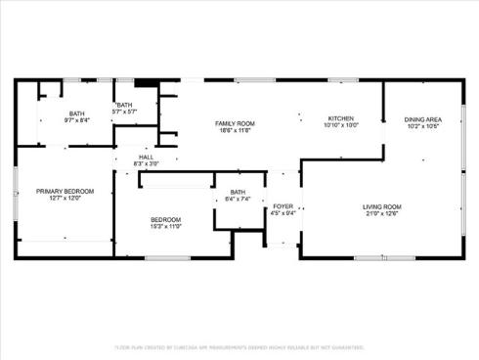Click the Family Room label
[x=235, y=122]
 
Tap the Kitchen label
[x=340, y=117]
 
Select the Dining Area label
[x=422, y=118]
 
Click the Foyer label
[x=283, y=206]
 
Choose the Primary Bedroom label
[x=65, y=191]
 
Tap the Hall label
[x=147, y=157]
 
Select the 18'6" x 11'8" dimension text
[x=235, y=129]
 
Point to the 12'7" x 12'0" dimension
[x=65, y=199]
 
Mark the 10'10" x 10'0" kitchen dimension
[x=340, y=125]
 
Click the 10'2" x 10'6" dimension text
[x=422, y=126]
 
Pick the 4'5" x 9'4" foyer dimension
[x=283, y=214]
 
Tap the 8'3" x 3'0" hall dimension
[x=147, y=163]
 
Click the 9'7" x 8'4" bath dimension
[x=76, y=120]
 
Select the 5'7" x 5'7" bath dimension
[x=124, y=112]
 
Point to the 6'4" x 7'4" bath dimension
[x=239, y=199]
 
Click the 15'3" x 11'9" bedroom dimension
[x=165, y=226]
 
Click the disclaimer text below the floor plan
[x=239, y=346]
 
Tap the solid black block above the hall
[x=148, y=86]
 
